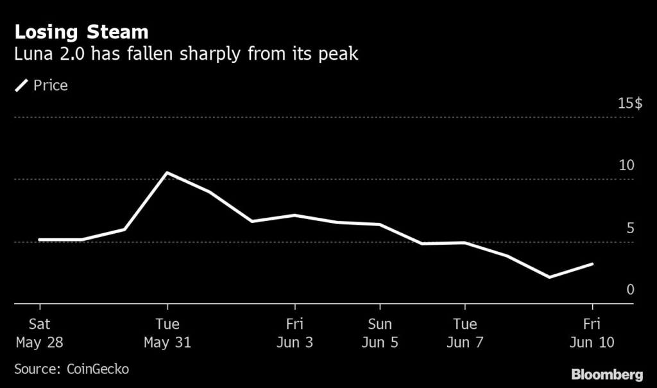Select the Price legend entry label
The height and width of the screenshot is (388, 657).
51,85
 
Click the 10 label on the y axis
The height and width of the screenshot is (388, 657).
626,166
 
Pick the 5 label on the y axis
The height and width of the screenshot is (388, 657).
630,228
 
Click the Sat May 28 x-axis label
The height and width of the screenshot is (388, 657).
39,333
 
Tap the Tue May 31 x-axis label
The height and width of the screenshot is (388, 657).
167,333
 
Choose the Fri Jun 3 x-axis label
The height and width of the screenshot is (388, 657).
294,333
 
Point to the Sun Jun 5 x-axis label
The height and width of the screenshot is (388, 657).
380,333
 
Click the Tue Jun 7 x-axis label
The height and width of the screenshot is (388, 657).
465,333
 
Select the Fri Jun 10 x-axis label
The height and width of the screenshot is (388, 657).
592,333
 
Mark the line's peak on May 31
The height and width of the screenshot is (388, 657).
167,173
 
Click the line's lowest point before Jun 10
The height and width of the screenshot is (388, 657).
549,278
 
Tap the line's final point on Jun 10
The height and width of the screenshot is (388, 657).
592,264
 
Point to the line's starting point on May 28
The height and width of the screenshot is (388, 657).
40,240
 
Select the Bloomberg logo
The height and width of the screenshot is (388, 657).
607,374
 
